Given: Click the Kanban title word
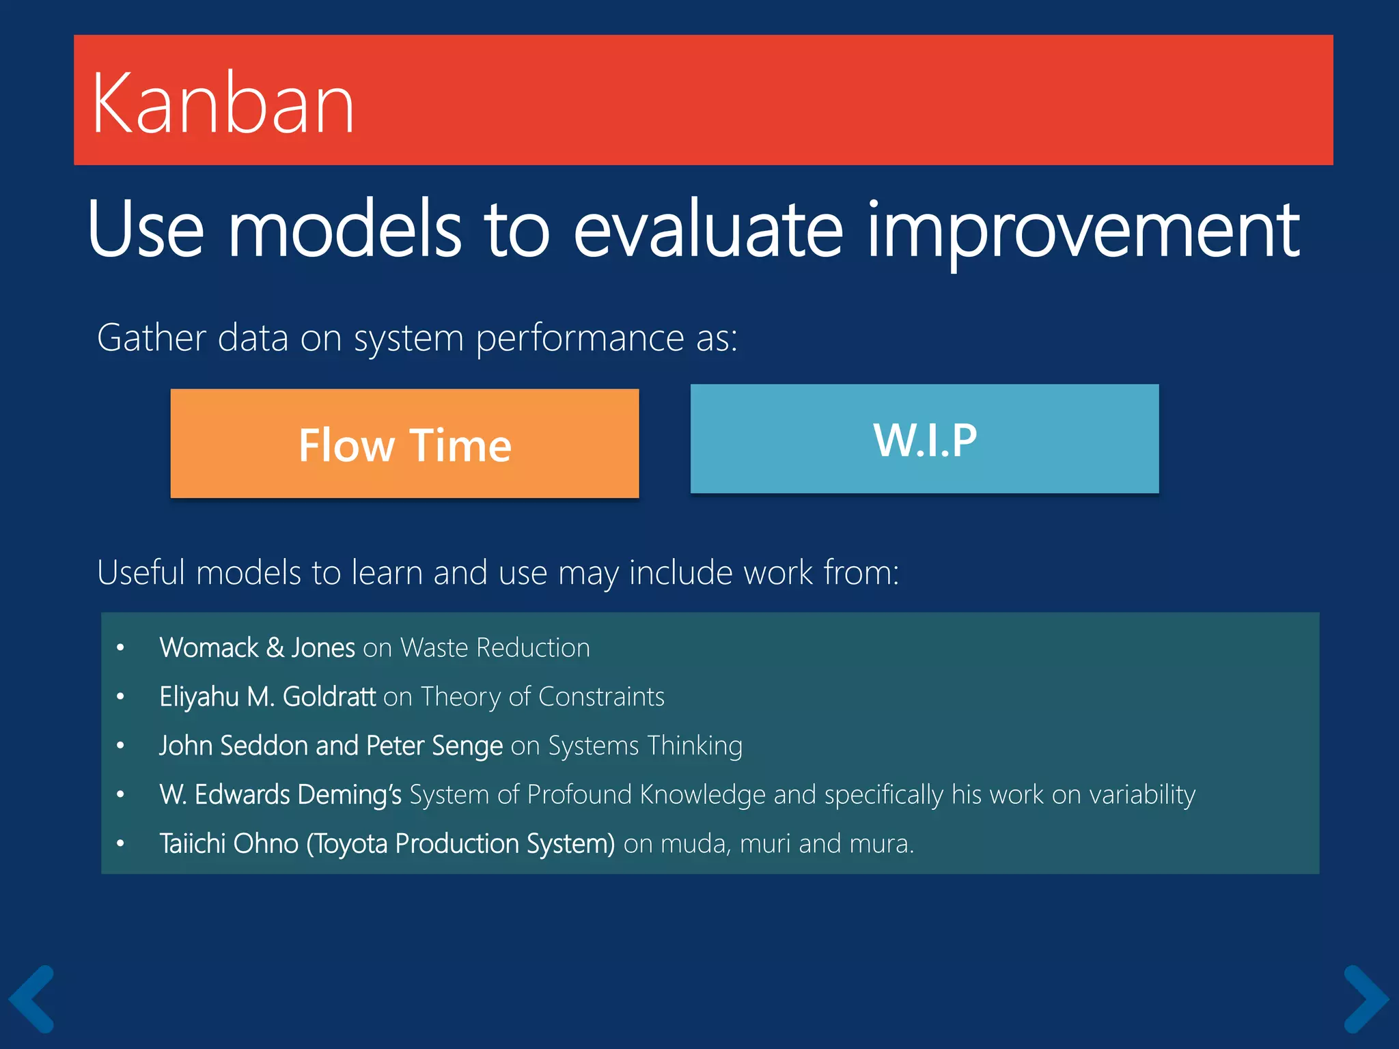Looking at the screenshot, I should [223, 104].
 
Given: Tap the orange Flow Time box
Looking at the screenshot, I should [404, 444].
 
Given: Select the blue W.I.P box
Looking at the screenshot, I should [924, 439].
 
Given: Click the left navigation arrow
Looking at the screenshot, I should [32, 998].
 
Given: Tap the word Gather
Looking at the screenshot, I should [152, 337].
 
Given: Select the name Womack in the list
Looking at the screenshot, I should [209, 647].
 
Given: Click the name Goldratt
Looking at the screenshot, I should [329, 697].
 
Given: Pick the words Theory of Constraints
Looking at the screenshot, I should [542, 697].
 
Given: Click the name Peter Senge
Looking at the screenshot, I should [434, 746].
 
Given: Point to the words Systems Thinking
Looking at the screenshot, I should [645, 746].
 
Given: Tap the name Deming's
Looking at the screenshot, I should [349, 795].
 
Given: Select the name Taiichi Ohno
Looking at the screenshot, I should [229, 844].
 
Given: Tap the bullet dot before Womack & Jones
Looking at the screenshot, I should [120, 647].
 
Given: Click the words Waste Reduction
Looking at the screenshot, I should [495, 647].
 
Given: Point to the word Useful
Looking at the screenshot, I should [141, 572].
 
